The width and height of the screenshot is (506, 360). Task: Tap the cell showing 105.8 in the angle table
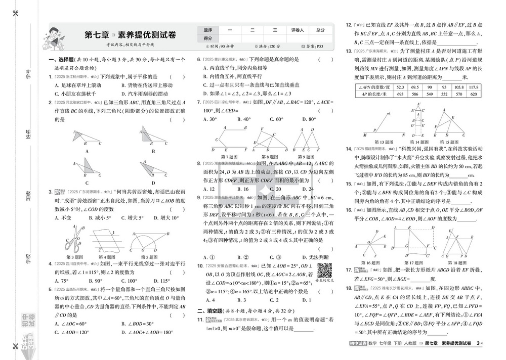point(459,87)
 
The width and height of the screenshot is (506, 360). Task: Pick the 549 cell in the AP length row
point(430,95)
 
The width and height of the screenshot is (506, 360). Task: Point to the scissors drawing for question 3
point(71,238)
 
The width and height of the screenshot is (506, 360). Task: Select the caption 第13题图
point(384,142)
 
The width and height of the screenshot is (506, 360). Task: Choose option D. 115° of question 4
point(162,280)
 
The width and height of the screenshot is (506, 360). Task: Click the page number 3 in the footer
point(478,343)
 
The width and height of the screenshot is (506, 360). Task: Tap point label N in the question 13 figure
point(403,135)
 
